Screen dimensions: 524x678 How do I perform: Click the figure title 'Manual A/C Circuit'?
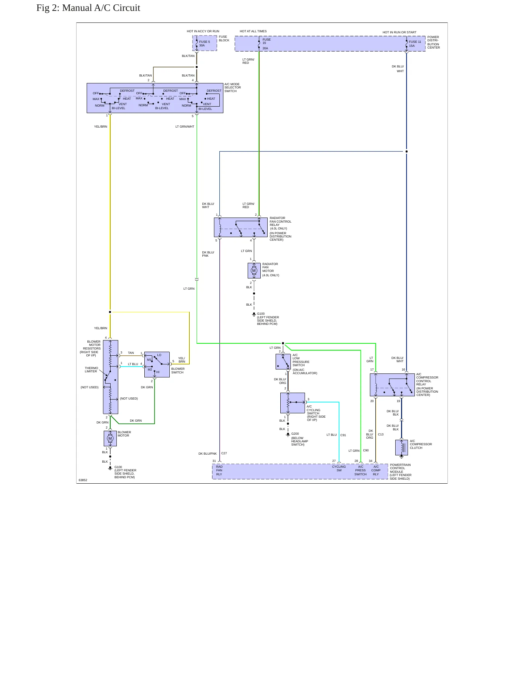[101, 8]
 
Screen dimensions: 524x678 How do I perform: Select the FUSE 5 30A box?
[205, 43]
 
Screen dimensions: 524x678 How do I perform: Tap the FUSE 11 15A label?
[415, 44]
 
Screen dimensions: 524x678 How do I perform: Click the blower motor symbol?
[110, 438]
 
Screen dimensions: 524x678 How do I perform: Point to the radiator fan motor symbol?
[254, 270]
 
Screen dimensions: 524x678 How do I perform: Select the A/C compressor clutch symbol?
[401, 448]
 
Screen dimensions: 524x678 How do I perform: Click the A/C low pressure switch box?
[283, 361]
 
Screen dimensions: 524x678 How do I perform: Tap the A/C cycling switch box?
[293, 403]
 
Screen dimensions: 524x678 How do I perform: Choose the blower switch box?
[157, 364]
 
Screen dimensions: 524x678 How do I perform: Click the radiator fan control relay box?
[241, 227]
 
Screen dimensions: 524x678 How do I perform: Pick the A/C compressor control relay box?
[392, 385]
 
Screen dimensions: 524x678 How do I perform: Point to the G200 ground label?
[295, 434]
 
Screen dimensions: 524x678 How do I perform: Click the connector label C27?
[224, 453]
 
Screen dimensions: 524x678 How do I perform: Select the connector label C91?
[343, 435]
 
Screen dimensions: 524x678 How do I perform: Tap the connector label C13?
[381, 434]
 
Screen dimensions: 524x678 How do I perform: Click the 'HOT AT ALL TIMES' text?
[253, 31]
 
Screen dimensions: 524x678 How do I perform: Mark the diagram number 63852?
[83, 480]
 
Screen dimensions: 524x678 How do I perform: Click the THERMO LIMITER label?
[91, 370]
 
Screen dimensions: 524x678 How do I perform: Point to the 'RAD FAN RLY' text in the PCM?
[219, 470]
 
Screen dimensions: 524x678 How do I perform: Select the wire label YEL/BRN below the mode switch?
[101, 127]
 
